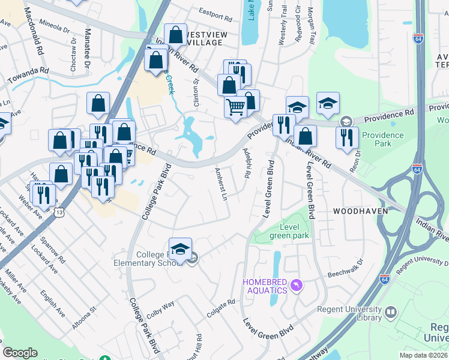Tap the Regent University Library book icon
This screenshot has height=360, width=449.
(390, 312)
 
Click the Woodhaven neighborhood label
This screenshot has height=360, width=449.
(359, 211)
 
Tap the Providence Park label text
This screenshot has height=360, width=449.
(383, 140)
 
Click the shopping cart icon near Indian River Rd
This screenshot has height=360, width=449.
(236, 107)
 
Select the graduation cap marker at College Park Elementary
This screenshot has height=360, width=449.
(180, 249)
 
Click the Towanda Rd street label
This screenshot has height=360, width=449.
(28, 74)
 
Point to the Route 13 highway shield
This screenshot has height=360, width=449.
(58, 212)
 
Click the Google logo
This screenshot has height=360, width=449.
(20, 353)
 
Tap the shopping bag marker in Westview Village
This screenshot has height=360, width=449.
(175, 34)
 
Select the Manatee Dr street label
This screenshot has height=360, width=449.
(88, 47)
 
